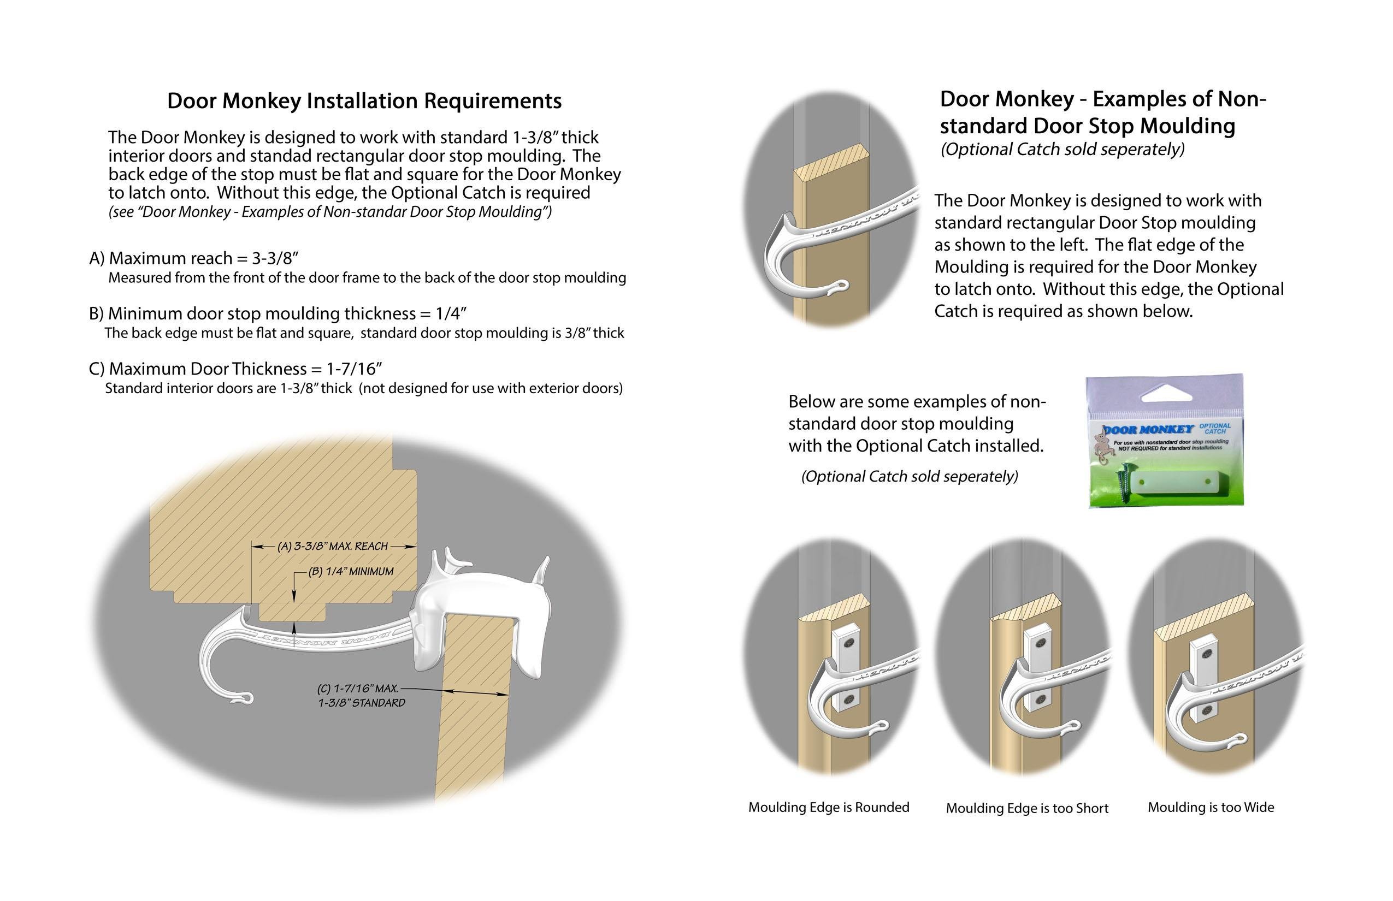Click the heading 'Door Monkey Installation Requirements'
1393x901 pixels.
(x=364, y=100)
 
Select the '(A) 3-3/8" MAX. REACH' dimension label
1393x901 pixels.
(x=333, y=547)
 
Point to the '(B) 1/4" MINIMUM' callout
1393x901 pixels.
(x=351, y=572)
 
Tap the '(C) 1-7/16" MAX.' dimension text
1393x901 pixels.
(x=358, y=688)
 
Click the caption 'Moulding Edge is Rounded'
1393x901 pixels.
(x=828, y=808)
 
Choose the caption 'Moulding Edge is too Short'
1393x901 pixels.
(x=1026, y=809)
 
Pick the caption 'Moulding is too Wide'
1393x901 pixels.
(x=1211, y=808)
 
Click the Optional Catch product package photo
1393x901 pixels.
(x=1165, y=441)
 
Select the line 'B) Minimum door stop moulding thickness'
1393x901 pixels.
(x=278, y=313)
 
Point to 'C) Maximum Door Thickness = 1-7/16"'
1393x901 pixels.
(x=235, y=369)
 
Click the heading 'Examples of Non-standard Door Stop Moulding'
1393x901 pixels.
(x=1103, y=112)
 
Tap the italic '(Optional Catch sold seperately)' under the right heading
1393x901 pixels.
(x=1063, y=150)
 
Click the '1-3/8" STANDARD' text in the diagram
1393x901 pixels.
(x=361, y=703)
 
